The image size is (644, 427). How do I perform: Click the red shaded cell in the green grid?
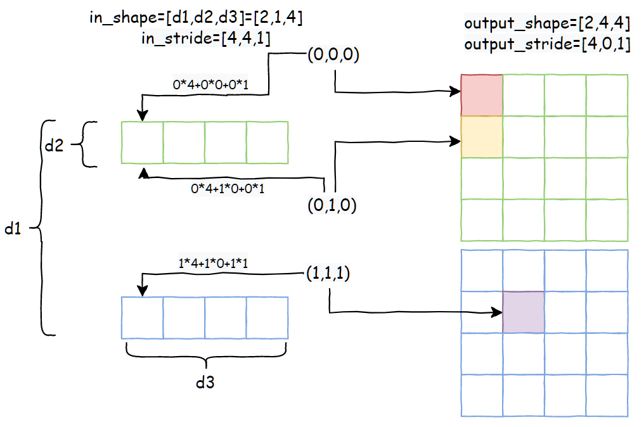coord(482,96)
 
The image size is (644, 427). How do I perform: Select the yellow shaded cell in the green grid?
coord(482,137)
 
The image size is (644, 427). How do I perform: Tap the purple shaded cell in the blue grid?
coord(524,312)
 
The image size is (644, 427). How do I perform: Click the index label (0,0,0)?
coord(333,55)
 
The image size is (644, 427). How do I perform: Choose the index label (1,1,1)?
coord(329,274)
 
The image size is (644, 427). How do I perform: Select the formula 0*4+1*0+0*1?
coord(228,188)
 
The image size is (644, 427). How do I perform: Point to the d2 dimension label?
coord(53,145)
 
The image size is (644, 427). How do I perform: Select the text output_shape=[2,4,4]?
coord(546,25)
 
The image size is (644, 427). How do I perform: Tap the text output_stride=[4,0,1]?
coord(546,45)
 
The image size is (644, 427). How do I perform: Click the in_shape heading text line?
coord(196,18)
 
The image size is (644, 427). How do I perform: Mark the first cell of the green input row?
coord(143,143)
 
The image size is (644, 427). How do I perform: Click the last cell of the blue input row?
coord(267,317)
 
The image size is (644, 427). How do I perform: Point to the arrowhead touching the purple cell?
coord(498,312)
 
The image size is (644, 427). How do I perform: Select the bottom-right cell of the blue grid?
coord(607,395)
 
